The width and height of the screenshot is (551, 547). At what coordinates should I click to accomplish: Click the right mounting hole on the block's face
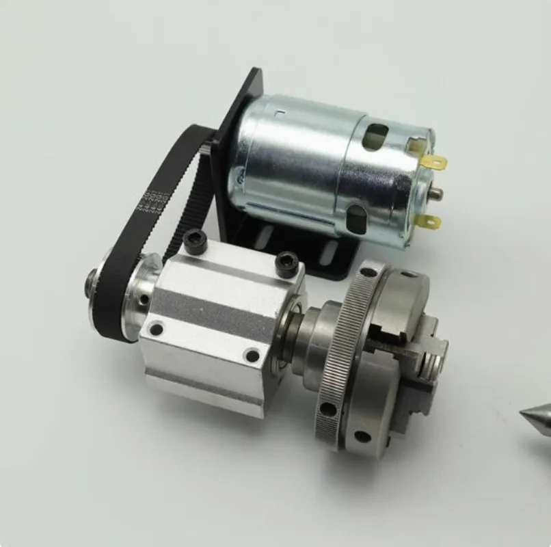[252, 356]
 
